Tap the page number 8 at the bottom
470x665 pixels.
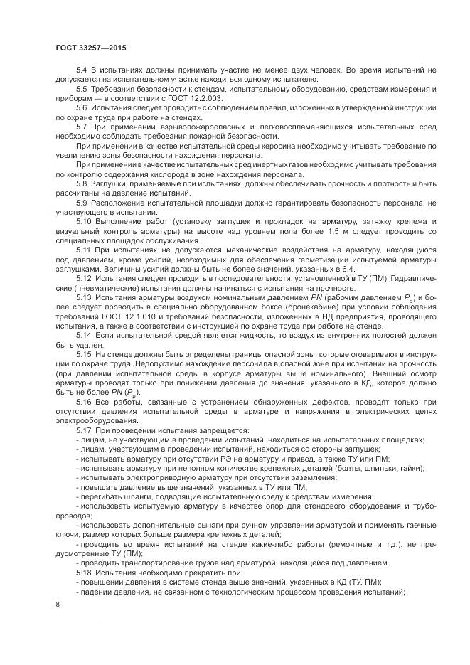click(58, 604)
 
